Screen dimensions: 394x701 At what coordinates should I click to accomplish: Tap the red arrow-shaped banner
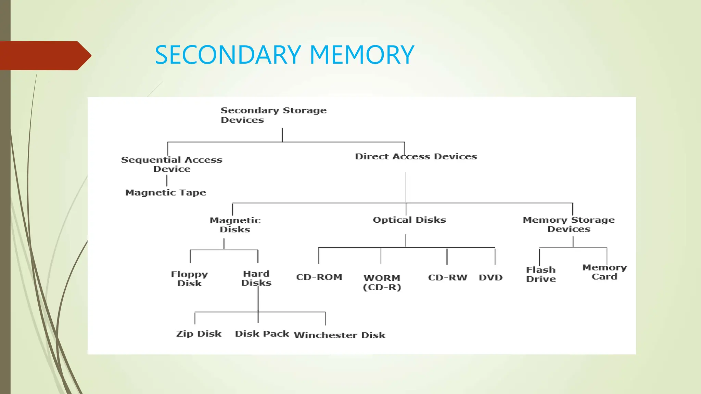coord(44,55)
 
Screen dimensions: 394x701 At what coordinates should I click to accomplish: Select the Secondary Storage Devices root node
coord(273,115)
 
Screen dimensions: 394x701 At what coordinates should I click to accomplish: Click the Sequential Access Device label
coord(172,164)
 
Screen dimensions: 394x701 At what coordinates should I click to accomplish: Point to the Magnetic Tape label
coord(166,193)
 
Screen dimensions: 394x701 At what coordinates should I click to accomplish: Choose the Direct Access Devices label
coord(416,157)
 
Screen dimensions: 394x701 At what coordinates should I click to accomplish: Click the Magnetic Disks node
coord(235,225)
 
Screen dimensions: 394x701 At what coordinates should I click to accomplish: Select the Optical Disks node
coord(409,220)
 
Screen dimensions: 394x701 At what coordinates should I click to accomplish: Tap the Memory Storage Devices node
coord(569,224)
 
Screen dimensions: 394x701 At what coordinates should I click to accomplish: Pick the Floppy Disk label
coord(189,278)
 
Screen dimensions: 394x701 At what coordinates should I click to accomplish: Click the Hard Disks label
coord(256,278)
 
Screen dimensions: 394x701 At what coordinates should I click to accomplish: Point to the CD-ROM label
coord(319,277)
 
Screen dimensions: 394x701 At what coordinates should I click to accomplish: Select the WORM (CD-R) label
coord(382,282)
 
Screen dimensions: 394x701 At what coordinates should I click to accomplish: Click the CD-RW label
coord(447,277)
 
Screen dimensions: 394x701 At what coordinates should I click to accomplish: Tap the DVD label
coord(490,277)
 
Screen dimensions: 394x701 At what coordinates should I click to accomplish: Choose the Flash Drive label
coord(541,274)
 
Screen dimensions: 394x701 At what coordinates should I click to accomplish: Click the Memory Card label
coord(604,272)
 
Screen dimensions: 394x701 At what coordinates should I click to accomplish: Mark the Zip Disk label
coord(199,334)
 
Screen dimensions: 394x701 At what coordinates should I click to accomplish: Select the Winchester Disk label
coord(340,335)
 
